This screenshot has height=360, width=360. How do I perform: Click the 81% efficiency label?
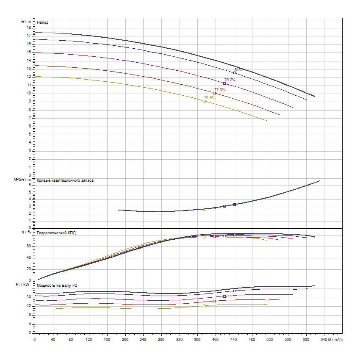[238, 69]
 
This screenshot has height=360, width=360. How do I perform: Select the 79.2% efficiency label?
[230, 80]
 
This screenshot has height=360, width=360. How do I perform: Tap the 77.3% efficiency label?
[219, 90]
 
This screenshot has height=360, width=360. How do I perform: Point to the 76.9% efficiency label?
[209, 98]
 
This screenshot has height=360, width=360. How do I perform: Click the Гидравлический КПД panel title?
[56, 233]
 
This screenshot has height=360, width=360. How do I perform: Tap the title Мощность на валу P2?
[57, 285]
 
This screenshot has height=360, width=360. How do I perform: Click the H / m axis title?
[26, 21]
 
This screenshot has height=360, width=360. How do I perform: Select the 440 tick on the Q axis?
[234, 339]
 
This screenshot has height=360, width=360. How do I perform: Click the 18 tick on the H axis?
[29, 28]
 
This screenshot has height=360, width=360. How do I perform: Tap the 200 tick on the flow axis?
[125, 339]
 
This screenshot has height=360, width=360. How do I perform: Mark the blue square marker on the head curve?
[235, 73]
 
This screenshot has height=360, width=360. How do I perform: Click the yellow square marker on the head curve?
[204, 101]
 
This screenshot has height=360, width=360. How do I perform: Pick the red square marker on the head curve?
[214, 93]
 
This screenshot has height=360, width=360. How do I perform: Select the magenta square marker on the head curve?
[224, 83]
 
